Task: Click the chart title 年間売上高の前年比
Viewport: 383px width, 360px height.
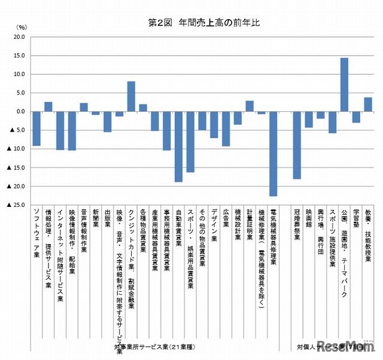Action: [x=203, y=22]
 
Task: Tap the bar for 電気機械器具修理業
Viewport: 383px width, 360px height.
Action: [x=273, y=154]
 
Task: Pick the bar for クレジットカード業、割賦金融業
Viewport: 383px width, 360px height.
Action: [x=131, y=97]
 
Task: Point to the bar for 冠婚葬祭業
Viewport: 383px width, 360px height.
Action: [x=297, y=145]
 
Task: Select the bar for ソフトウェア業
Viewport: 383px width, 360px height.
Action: [x=37, y=129]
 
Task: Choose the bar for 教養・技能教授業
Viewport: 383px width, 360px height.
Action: [x=368, y=105]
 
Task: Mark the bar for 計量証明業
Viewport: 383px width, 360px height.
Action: [x=250, y=106]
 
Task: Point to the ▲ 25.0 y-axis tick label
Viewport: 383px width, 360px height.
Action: [x=15, y=205]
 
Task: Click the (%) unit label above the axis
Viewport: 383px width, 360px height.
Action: [x=22, y=27]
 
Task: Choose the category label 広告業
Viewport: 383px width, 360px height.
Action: [x=226, y=217]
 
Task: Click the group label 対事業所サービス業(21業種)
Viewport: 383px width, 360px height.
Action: [x=154, y=347]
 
